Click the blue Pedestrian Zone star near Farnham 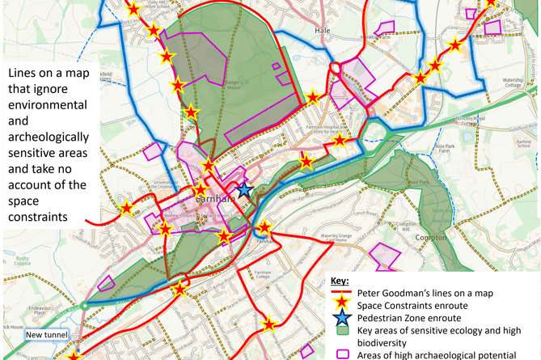pos(243,188)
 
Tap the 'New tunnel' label pos(45,335)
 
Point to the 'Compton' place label pos(430,238)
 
